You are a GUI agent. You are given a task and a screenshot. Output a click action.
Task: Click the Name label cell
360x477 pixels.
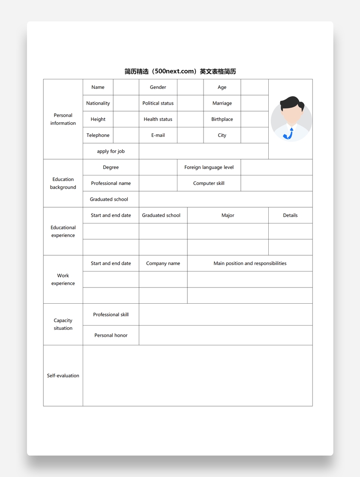click(98, 87)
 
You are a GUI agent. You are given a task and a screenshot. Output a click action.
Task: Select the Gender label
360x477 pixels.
click(158, 87)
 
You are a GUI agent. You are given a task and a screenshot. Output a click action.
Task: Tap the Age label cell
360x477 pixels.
click(222, 87)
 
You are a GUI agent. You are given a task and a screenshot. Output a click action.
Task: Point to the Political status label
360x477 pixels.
click(158, 103)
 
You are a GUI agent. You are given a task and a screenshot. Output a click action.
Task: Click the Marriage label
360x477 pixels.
click(222, 103)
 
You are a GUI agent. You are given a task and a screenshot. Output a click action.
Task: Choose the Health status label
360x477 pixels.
click(158, 119)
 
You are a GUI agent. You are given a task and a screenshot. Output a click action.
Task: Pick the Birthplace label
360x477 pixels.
click(222, 119)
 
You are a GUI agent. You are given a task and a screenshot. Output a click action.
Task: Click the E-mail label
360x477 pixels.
click(158, 135)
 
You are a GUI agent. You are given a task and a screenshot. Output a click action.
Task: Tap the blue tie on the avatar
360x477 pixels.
click(290, 134)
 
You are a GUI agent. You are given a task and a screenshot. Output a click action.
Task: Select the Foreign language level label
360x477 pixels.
click(209, 167)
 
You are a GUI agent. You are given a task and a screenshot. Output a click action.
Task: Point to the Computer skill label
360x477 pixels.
click(209, 183)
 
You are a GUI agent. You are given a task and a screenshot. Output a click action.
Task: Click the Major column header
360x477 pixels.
click(228, 215)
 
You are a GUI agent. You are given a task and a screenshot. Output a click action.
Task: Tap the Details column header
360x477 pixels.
click(290, 215)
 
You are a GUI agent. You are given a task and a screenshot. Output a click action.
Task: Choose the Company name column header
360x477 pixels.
click(163, 263)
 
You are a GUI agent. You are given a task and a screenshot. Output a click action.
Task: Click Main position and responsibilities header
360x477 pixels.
click(250, 263)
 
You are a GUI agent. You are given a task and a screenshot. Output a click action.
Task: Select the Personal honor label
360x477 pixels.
click(111, 335)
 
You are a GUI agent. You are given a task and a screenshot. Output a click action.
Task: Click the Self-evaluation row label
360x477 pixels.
click(63, 376)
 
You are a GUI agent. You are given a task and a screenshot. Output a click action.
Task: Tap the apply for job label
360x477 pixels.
click(111, 151)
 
